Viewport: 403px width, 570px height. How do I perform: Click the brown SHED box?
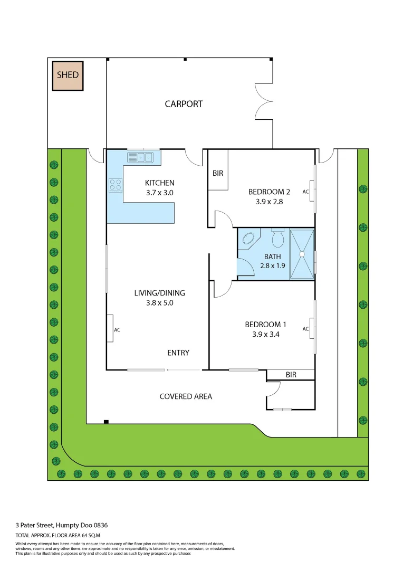tap(68, 75)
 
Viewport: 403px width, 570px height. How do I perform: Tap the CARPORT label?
tap(184, 104)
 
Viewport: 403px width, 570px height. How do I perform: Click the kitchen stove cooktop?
tap(116, 185)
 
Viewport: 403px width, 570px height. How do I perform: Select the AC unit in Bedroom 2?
tap(312, 191)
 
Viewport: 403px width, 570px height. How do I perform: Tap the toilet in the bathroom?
tap(277, 240)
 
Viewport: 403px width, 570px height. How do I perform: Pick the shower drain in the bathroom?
tap(302, 254)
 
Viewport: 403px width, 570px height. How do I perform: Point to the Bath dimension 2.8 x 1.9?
tap(272, 265)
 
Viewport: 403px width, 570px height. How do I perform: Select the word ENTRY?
tap(178, 353)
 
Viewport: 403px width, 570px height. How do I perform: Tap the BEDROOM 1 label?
tap(265, 325)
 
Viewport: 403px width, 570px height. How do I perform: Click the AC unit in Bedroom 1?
tap(312, 328)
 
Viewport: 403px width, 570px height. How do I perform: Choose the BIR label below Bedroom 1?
tap(291, 375)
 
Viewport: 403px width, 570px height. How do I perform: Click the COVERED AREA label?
tap(186, 396)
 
